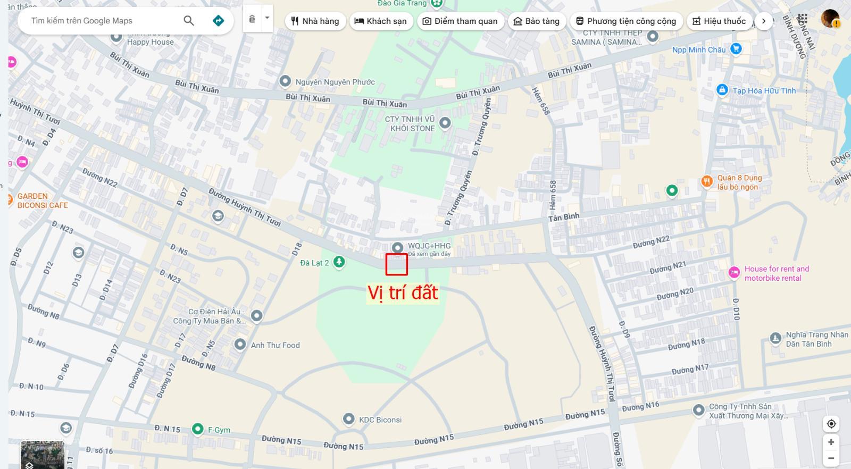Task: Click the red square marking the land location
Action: click(397, 264)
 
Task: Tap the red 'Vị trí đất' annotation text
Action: click(403, 293)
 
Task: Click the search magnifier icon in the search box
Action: click(189, 21)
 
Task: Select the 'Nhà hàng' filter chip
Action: click(315, 21)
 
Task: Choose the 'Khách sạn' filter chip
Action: click(381, 21)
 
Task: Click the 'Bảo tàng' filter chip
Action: click(537, 21)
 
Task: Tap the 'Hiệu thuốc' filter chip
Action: click(719, 21)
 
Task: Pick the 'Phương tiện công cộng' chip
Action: click(626, 21)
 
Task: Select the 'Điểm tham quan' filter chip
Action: click(460, 21)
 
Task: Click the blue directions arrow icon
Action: click(218, 21)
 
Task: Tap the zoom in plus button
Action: click(831, 442)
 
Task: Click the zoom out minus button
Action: click(831, 458)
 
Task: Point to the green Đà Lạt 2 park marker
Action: click(339, 262)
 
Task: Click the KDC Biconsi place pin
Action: click(348, 419)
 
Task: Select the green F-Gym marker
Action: click(198, 429)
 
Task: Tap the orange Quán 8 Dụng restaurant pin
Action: click(706, 182)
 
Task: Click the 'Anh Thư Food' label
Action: click(275, 345)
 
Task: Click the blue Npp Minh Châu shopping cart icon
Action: click(736, 49)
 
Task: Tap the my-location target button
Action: click(831, 424)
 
